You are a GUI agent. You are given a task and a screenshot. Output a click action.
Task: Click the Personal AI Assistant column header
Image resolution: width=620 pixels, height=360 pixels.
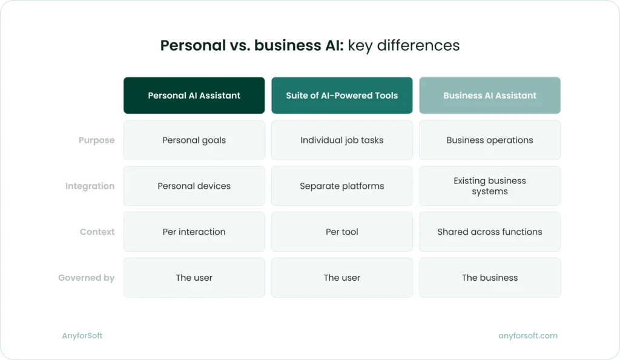(194, 96)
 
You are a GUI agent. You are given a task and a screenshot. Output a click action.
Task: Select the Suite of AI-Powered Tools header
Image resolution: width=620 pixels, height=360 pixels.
(341, 96)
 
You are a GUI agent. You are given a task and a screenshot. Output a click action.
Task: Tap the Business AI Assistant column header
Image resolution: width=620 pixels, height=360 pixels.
(489, 96)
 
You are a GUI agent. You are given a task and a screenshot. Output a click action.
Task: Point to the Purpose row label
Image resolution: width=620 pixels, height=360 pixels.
(96, 140)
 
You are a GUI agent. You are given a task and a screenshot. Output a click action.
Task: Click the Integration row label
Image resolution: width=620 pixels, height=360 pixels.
(90, 186)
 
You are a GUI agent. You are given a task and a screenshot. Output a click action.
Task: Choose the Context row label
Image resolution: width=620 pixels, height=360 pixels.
(97, 232)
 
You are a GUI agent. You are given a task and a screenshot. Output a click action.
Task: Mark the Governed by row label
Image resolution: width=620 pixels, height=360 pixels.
(86, 278)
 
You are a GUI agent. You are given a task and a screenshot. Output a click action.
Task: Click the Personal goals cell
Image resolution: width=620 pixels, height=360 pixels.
(194, 140)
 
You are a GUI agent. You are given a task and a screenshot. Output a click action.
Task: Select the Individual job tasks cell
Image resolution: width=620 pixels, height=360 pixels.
(341, 140)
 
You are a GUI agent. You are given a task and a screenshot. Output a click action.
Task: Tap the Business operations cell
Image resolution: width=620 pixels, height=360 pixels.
(489, 140)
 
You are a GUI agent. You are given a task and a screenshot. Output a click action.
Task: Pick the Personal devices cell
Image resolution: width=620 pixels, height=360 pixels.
(194, 186)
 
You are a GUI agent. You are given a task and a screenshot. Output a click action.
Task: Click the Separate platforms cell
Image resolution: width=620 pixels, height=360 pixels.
(341, 186)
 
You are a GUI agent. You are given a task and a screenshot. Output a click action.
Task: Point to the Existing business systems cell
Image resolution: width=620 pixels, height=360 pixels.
(489, 186)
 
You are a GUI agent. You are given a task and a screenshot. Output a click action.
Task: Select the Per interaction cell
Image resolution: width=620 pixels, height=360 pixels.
(194, 232)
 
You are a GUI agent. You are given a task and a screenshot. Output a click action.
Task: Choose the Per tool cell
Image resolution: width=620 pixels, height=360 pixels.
(341, 232)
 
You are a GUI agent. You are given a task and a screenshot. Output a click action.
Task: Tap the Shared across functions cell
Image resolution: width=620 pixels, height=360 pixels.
(489, 232)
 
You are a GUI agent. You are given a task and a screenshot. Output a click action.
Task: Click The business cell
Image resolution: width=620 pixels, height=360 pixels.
(489, 278)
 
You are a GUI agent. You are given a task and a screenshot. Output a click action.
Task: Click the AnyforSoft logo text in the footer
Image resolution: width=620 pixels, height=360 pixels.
(82, 336)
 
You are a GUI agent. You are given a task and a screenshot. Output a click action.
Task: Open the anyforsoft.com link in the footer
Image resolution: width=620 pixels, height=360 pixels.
(527, 336)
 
